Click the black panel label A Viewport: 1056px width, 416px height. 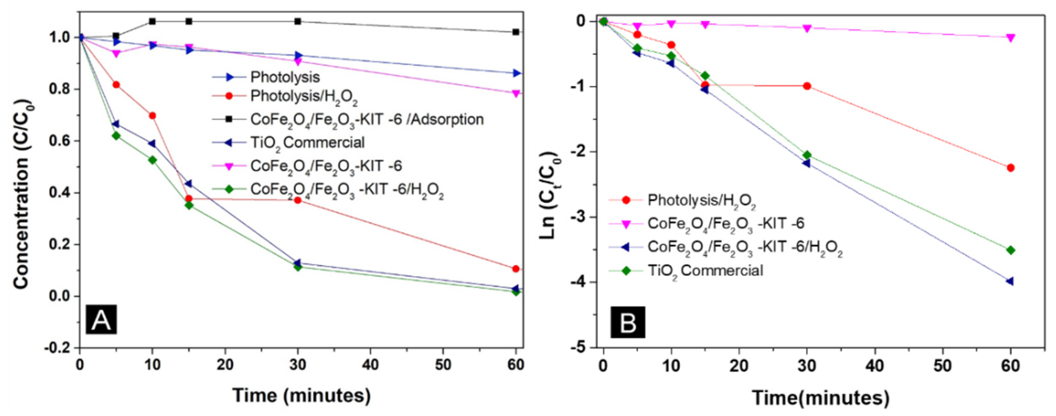101,319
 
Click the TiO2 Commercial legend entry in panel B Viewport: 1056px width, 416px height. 705,271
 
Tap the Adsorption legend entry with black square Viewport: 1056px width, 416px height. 367,119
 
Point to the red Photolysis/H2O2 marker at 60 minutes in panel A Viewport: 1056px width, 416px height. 516,269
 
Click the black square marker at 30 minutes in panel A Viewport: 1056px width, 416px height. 298,21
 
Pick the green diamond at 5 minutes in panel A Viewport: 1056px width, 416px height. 116,136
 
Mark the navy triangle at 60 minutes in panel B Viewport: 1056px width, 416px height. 1010,281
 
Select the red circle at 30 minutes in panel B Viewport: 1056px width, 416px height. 807,86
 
